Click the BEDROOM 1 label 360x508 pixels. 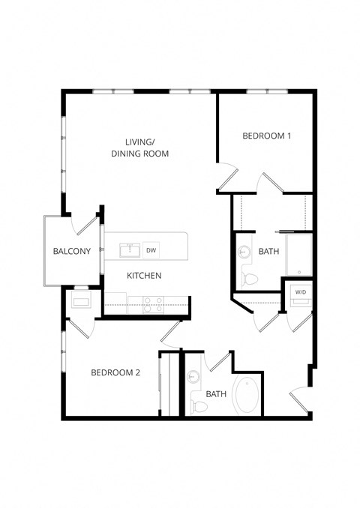click(x=266, y=136)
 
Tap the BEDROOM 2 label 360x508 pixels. click(x=115, y=372)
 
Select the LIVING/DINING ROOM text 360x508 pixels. click(x=139, y=148)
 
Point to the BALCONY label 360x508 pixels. click(x=71, y=251)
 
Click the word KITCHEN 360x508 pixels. click(x=144, y=276)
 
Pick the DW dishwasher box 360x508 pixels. click(x=151, y=250)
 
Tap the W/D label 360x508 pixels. click(x=300, y=291)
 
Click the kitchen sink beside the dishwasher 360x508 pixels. click(x=129, y=249)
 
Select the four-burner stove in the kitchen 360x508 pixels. click(x=154, y=303)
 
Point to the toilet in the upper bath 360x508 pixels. click(x=250, y=279)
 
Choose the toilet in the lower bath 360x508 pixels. click(x=199, y=405)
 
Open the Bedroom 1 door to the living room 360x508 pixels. click(x=227, y=180)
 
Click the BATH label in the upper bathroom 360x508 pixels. click(x=268, y=252)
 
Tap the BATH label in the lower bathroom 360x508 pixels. click(x=216, y=394)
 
